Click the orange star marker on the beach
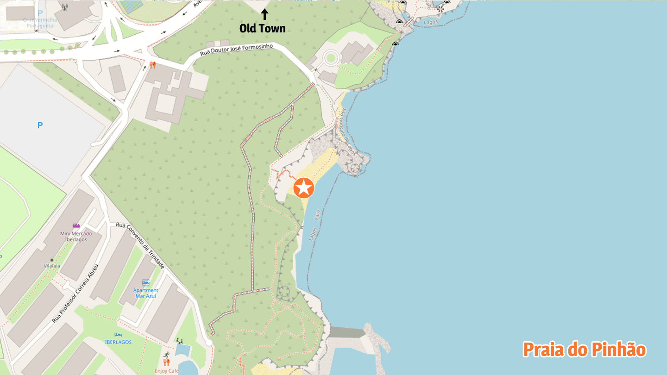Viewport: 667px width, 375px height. coord(304,188)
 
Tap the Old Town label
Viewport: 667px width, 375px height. coord(262,28)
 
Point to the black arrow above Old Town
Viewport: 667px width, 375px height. coord(264,14)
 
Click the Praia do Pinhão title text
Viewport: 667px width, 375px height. coord(584,350)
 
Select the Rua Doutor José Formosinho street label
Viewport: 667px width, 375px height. coord(236,50)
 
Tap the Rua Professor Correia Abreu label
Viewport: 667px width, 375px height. coord(76,294)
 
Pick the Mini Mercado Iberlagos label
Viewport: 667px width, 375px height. coord(76,236)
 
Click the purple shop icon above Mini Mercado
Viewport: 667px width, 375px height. coord(76,226)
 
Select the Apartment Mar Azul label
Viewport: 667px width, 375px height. coord(145,293)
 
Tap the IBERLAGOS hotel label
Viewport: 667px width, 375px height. coord(118,342)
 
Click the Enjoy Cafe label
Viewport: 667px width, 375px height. coord(167,371)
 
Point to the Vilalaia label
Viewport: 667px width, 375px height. coord(52,266)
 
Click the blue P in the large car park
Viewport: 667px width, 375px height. coord(40,125)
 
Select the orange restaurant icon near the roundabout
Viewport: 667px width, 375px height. coord(152,65)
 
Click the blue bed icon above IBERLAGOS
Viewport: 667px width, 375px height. coord(118,334)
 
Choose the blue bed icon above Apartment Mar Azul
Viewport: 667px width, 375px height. coord(145,282)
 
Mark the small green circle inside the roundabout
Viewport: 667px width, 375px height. coord(330,58)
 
